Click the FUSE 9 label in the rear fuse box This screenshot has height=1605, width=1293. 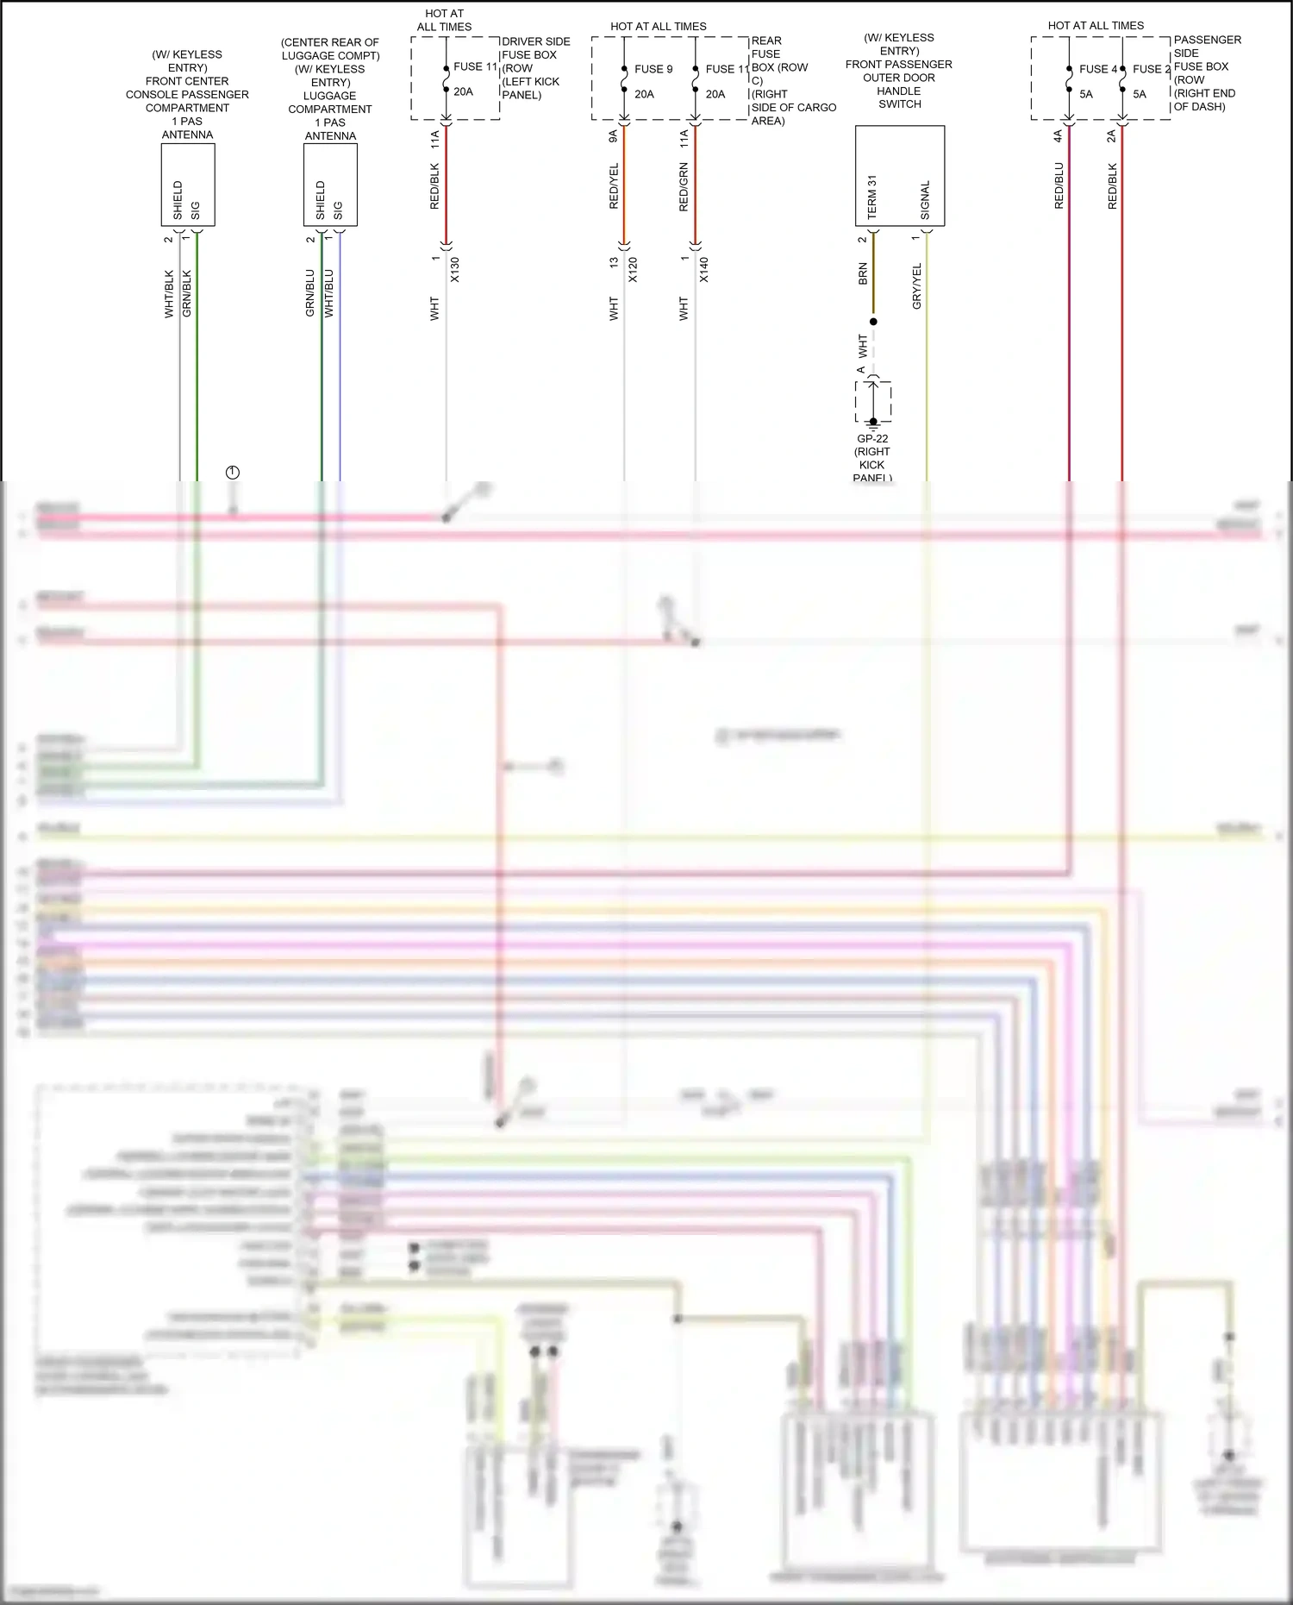653,69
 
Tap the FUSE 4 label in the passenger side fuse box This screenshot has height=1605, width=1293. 1097,69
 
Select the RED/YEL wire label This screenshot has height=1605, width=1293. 614,186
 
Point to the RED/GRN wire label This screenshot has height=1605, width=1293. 684,187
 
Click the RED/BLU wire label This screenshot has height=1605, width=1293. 1059,186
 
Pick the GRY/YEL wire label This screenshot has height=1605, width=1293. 916,286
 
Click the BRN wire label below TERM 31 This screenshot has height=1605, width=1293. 863,275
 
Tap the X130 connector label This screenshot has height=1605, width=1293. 454,270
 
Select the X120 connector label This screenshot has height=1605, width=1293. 633,270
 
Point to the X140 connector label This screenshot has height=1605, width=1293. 703,270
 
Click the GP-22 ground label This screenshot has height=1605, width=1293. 872,438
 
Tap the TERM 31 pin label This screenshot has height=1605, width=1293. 871,197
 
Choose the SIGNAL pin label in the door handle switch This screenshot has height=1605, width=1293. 925,200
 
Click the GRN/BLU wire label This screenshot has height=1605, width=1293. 310,293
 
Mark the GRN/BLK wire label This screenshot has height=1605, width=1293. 187,294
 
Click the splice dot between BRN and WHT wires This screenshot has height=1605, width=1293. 873,322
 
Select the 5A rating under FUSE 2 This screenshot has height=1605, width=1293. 1140,94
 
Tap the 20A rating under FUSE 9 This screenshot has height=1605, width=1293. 644,94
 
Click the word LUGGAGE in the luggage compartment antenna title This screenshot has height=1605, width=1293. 329,96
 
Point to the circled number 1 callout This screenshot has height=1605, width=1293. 232,473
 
